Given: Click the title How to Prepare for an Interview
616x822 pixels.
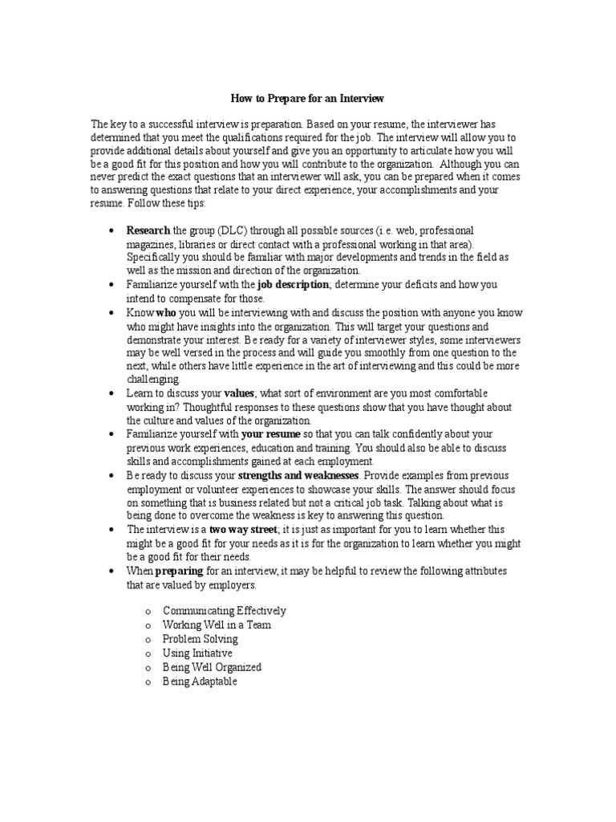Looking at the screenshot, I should [x=307, y=99].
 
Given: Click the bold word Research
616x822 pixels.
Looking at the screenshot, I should [x=148, y=230].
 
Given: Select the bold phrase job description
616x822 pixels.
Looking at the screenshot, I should [x=293, y=285].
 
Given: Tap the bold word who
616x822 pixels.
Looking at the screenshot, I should [x=166, y=313].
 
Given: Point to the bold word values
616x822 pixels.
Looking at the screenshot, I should [x=239, y=394].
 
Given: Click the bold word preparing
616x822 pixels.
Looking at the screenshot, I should [x=180, y=571].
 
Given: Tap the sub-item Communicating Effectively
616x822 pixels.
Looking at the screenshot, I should [x=224, y=611].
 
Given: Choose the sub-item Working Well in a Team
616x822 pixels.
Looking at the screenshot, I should [x=216, y=625].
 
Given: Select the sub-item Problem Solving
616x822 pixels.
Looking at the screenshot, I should [x=200, y=639].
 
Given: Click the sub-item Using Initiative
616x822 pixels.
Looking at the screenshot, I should [x=197, y=653].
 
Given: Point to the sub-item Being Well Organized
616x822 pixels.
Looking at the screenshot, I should [x=212, y=667].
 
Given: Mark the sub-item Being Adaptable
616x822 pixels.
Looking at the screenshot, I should [x=200, y=682].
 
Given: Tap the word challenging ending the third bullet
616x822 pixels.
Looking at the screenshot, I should [x=154, y=380].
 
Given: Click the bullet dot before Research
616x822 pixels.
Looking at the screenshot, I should [x=111, y=231].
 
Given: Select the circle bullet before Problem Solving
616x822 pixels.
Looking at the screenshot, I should [x=148, y=640].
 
